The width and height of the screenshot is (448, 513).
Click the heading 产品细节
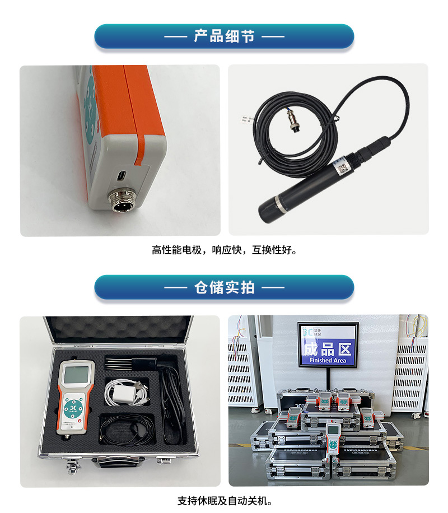(224, 36)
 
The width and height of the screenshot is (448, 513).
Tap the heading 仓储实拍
(224, 287)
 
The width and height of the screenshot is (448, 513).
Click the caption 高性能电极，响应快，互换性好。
(224, 250)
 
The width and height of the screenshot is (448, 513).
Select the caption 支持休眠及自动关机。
(224, 500)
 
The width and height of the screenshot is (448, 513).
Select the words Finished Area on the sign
(328, 361)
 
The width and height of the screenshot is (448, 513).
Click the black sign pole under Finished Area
(328, 381)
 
